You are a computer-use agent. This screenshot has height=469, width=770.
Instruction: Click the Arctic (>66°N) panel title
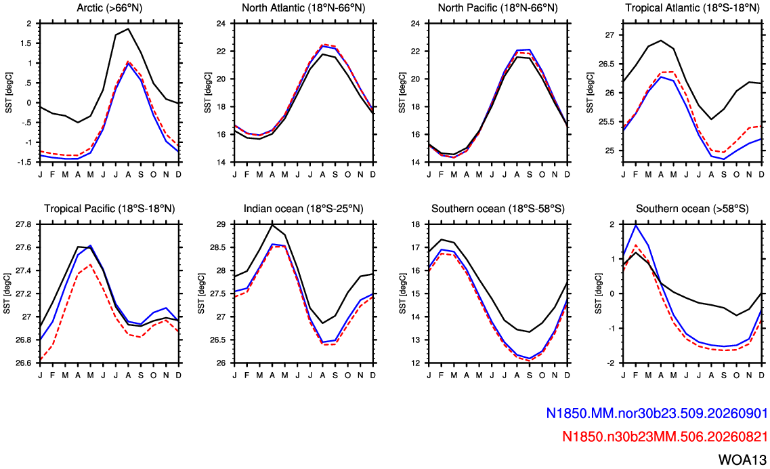110,8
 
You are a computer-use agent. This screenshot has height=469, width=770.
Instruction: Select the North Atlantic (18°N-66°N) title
303,8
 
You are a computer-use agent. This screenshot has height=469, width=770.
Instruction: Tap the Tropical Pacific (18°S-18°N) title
110,209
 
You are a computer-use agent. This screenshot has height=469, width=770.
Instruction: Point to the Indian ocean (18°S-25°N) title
303,209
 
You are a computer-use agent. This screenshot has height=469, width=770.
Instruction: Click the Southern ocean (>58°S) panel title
692,209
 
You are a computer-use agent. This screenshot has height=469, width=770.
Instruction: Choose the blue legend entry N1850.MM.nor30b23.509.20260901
656,413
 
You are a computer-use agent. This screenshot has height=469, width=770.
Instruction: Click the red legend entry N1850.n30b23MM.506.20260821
664,436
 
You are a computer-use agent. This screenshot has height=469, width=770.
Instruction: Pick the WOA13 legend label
742,460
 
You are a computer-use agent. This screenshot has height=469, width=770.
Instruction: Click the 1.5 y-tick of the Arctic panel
27,43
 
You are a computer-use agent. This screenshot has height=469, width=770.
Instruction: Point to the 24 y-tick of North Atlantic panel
221,23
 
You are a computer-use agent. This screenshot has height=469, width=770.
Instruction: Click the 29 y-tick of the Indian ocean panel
221,224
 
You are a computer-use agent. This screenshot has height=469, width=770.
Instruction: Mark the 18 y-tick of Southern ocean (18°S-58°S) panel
416,224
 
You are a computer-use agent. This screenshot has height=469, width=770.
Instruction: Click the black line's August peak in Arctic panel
128,28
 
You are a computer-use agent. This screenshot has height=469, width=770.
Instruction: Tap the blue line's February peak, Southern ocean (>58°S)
636,225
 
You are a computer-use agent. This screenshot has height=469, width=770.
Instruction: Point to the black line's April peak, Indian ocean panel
272,224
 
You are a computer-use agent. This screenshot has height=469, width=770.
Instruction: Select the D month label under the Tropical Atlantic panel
762,175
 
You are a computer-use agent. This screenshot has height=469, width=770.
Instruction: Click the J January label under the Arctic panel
40,175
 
